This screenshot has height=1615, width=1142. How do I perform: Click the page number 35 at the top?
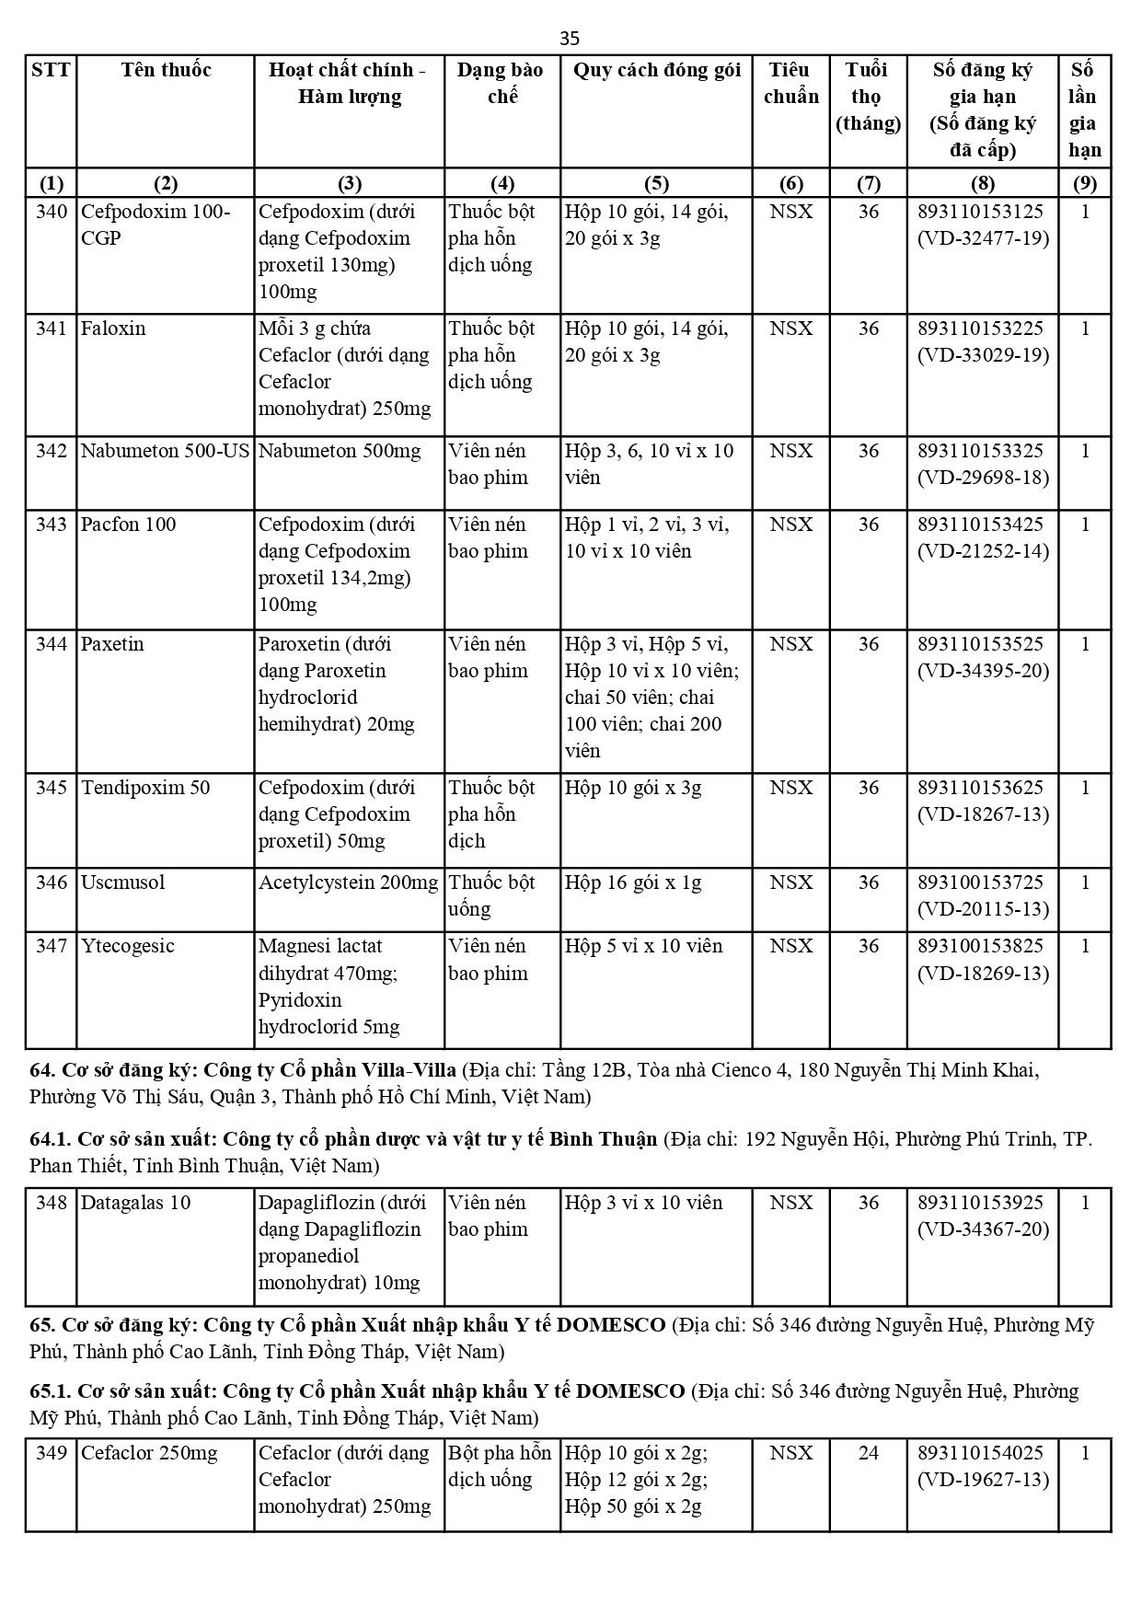[x=570, y=38]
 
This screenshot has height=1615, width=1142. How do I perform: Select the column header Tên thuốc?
[x=166, y=70]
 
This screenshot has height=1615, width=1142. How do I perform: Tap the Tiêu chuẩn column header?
[x=790, y=83]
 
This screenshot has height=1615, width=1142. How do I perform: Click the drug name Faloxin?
[x=113, y=329]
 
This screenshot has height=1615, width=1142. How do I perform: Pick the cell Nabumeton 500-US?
[x=166, y=451]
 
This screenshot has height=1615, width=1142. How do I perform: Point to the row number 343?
[x=52, y=525]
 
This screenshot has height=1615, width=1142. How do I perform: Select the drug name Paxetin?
[x=112, y=644]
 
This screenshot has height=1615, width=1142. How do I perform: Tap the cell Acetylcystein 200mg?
[x=348, y=882]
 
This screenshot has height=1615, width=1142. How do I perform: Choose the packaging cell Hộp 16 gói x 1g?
[x=633, y=882]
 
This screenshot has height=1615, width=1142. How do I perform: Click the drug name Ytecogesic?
[x=127, y=946]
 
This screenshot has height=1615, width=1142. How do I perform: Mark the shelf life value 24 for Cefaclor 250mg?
[x=868, y=1453]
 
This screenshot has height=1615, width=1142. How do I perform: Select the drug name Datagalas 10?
[x=135, y=1203]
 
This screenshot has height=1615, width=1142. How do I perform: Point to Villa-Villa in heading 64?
[x=408, y=1070]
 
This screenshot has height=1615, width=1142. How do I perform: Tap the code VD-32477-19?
[x=983, y=238]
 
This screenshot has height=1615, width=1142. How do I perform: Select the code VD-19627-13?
[x=983, y=1480]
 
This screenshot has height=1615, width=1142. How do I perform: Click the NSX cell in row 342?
[x=790, y=451]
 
